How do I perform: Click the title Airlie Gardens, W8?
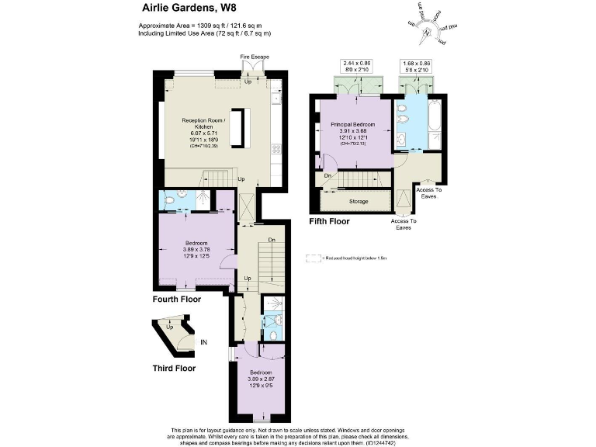pos(189,9)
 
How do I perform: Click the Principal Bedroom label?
pos(352,125)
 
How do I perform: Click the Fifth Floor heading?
pos(329,221)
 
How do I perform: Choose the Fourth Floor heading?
pos(176,299)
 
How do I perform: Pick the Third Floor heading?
pos(173,368)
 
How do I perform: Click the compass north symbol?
pos(425,33)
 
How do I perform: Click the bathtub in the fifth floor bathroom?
pos(434,123)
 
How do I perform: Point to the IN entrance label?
pos(203,341)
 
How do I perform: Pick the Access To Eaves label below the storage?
pos(404,224)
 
